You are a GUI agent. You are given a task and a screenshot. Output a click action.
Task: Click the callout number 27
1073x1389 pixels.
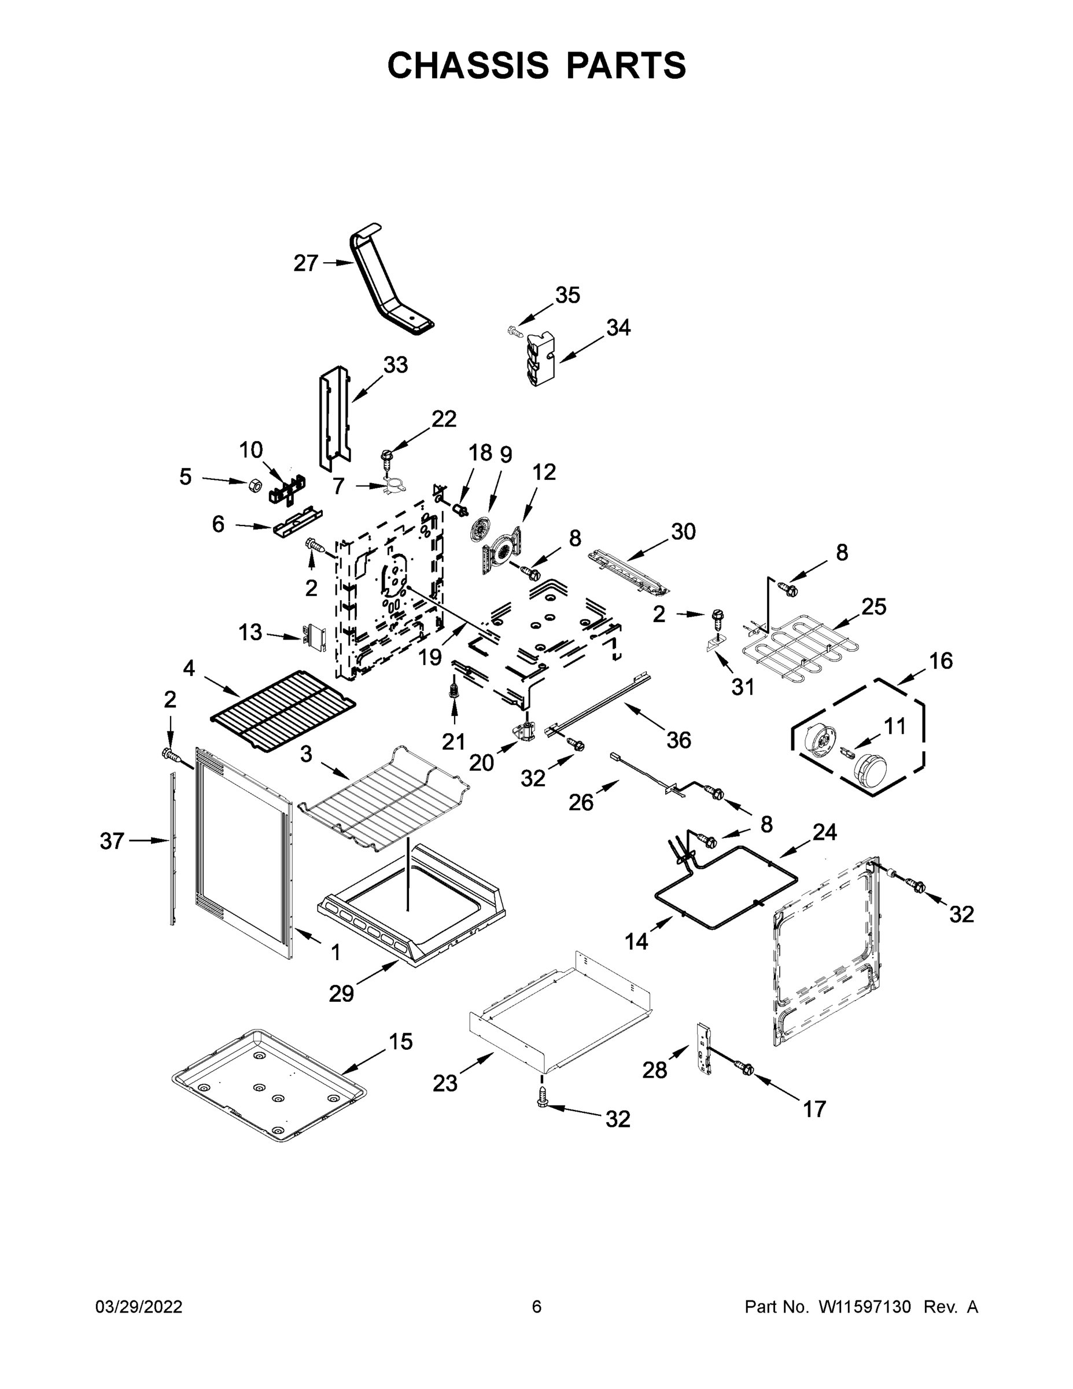305,263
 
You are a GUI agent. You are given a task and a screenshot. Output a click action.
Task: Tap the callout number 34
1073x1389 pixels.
618,328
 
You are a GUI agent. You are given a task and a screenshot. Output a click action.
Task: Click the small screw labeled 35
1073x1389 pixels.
514,330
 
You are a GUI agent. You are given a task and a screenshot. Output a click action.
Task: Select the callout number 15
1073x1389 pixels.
400,1042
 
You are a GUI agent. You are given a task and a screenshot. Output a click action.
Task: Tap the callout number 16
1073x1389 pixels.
941,661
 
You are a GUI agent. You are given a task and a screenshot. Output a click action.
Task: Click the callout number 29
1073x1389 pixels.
341,993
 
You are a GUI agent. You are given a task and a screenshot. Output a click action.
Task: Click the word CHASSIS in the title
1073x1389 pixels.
468,65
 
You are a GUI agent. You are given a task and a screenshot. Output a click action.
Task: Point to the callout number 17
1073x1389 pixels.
814,1109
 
